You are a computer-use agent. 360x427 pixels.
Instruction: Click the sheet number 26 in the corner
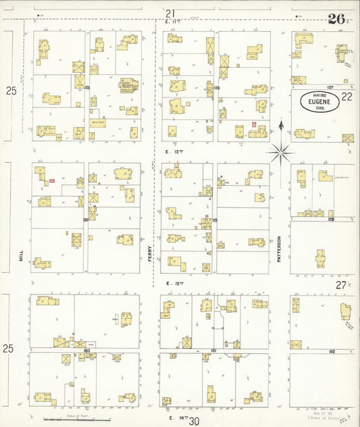335,18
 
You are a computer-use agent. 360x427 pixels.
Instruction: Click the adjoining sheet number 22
346,97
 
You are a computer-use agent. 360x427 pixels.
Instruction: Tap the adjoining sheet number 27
342,285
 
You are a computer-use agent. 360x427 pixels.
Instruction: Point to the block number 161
214,351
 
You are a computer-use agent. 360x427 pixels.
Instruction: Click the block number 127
330,87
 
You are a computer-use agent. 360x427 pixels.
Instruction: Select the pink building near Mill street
51,180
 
